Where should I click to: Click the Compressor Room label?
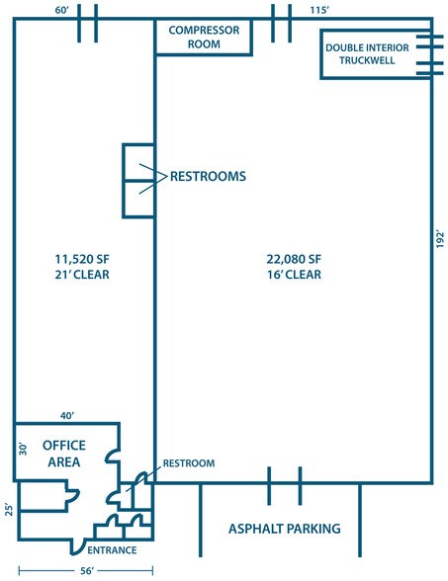pyautogui.click(x=204, y=37)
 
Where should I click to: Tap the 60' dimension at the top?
pyautogui.click(x=62, y=9)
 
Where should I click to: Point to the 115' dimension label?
pyautogui.click(x=317, y=9)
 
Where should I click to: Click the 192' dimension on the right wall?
pyautogui.click(x=440, y=238)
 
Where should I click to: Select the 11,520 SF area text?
pyautogui.click(x=82, y=259)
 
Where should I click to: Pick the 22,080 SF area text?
pyautogui.click(x=294, y=259)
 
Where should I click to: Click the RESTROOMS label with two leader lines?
pyautogui.click(x=208, y=178)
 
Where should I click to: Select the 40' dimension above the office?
pyautogui.click(x=67, y=415)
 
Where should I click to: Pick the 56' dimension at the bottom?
pyautogui.click(x=86, y=570)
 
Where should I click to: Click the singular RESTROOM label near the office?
pyautogui.click(x=188, y=462)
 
